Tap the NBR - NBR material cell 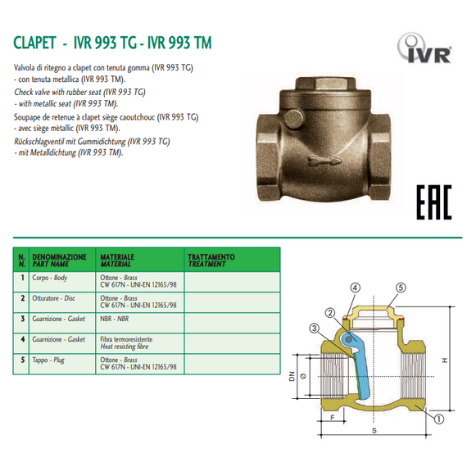[114, 319]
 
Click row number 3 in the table [20, 319]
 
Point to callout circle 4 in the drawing [355, 288]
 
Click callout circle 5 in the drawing [401, 288]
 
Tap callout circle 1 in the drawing [440, 417]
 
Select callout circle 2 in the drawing [329, 312]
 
